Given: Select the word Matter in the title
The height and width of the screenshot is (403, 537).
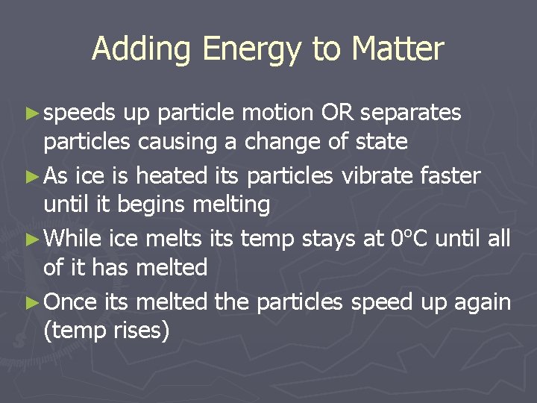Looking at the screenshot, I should pyautogui.click(x=398, y=49).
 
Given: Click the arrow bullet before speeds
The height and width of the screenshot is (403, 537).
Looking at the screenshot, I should pyautogui.click(x=31, y=113).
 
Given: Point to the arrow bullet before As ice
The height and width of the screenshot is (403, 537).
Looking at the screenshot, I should pyautogui.click(x=31, y=177).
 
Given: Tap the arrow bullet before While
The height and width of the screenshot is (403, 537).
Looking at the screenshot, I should pyautogui.click(x=31, y=240).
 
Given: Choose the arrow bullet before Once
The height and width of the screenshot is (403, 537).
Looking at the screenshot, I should pyautogui.click(x=31, y=303).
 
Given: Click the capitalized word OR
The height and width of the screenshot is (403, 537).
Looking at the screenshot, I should pyautogui.click(x=336, y=113).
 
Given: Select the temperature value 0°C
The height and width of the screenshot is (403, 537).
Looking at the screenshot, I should pyautogui.click(x=409, y=239).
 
